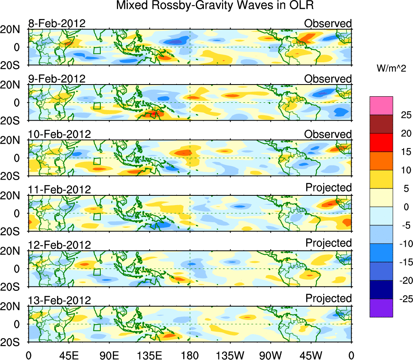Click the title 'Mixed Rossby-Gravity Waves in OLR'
[215, 6]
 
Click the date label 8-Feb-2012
[57, 23]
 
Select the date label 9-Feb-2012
[57, 79]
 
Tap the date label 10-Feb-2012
[59, 134]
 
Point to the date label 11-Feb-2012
[59, 189]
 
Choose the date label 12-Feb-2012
[59, 245]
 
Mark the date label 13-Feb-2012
[59, 300]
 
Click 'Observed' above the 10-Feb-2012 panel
[328, 134]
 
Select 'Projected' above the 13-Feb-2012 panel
[328, 299]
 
